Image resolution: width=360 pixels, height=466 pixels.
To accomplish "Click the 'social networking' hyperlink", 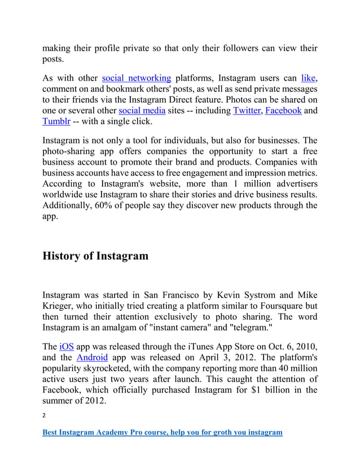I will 136,78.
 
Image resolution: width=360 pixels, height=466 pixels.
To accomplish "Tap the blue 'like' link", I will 309,78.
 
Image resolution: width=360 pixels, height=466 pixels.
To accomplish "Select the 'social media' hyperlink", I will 142,111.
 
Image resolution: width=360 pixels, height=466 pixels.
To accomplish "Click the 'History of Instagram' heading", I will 95,256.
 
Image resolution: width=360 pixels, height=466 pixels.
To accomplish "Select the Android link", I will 92,357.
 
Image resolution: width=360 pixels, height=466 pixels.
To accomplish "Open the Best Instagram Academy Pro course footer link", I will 163,433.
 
